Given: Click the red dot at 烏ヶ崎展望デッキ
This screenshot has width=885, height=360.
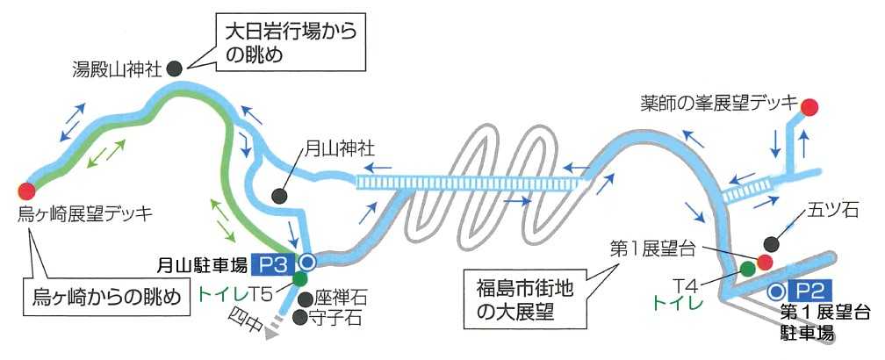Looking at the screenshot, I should [26, 190].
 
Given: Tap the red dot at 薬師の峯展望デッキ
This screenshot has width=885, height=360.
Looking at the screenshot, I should [809, 107].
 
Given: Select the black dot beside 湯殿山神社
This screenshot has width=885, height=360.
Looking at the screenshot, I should [174, 67].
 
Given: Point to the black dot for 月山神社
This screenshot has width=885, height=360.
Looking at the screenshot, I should [280, 196].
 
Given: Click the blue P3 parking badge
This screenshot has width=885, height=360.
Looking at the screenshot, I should [273, 263].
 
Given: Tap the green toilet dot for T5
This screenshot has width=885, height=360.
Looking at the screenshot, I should [300, 279].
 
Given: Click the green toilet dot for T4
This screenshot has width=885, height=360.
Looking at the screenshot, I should [747, 268].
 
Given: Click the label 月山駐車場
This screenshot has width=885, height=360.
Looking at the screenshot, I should [202, 263].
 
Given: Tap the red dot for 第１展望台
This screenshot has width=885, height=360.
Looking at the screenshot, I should [764, 261].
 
